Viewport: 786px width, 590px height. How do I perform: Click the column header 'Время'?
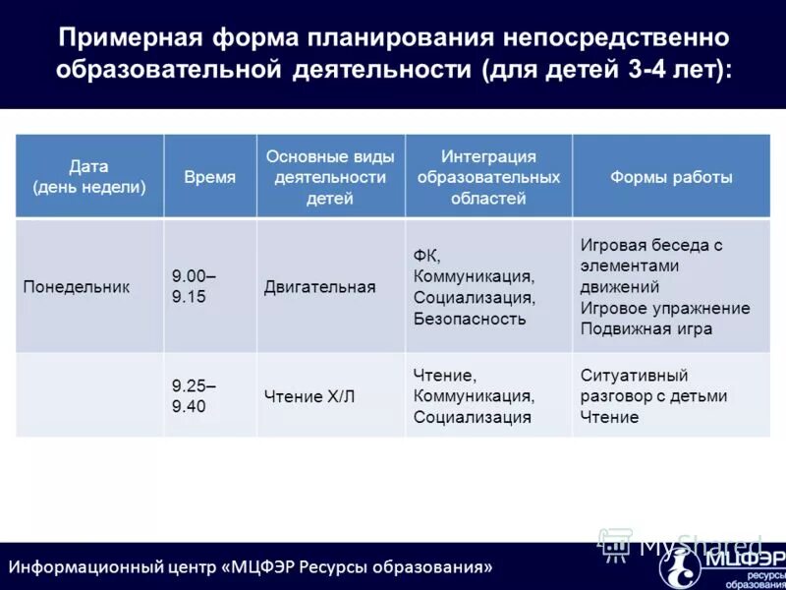tap(209, 177)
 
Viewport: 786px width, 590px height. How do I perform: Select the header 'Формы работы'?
tap(671, 177)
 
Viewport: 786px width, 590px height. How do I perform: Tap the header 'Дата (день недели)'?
tap(88, 176)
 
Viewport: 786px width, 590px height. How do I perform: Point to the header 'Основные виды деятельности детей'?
tap(330, 177)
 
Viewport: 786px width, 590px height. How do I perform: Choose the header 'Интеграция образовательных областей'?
tap(488, 177)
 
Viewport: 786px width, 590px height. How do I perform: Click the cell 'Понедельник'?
tap(76, 286)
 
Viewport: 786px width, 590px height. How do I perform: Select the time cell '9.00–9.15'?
tap(194, 286)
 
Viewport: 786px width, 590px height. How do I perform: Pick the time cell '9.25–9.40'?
tap(194, 395)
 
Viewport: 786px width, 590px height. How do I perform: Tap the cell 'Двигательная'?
tap(319, 287)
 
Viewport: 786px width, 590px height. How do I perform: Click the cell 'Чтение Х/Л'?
tap(309, 396)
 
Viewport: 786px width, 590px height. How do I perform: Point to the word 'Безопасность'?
tap(470, 319)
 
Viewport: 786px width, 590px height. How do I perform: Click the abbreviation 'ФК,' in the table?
tap(427, 255)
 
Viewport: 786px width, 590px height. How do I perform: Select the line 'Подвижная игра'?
tap(646, 329)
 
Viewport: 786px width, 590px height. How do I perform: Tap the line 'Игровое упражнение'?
tap(664, 308)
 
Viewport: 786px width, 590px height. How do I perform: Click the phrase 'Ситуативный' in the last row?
tap(634, 375)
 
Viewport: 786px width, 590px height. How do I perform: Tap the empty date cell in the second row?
tap(88, 395)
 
